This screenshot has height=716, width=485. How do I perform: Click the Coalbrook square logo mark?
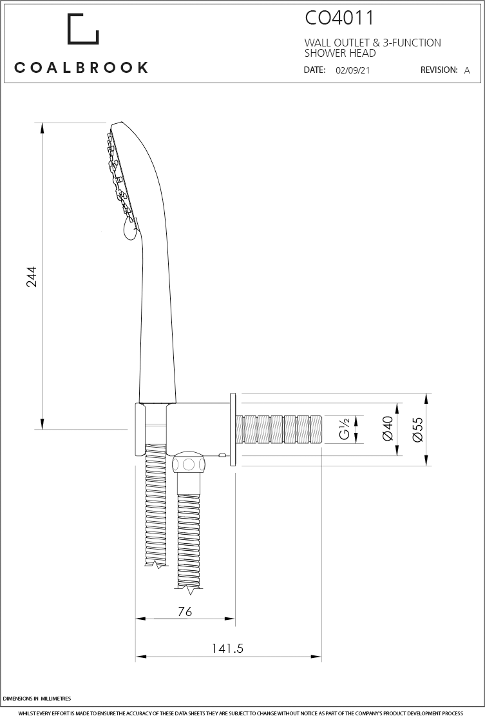click(83, 30)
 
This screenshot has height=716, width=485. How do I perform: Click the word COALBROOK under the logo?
click(81, 67)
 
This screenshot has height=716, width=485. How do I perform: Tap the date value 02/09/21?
click(352, 71)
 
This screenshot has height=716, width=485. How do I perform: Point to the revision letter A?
click(467, 71)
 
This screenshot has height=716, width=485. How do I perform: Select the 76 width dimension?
click(185, 612)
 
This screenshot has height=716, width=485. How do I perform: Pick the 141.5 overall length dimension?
click(227, 649)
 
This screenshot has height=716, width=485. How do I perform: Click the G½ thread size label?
click(345, 429)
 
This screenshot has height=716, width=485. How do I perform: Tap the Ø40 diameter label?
click(388, 428)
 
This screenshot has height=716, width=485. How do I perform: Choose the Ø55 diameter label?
click(417, 428)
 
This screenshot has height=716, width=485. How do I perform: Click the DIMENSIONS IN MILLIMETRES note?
click(37, 699)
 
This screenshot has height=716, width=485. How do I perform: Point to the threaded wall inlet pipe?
click(280, 429)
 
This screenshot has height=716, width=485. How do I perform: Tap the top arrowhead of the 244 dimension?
click(43, 128)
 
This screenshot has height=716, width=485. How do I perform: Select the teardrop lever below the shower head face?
click(128, 228)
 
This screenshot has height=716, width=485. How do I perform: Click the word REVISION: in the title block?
click(439, 70)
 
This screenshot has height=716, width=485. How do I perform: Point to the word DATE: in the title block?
click(314, 70)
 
